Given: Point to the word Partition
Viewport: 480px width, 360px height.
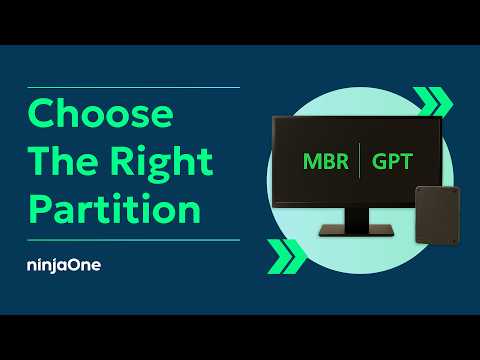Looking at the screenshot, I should (114, 209).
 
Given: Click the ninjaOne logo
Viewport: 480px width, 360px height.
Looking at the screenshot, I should (64, 266).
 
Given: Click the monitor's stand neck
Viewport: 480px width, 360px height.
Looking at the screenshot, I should (357, 217).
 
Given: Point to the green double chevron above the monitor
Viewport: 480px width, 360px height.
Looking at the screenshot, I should (432, 101).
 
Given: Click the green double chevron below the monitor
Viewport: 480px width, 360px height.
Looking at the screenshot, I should (286, 256).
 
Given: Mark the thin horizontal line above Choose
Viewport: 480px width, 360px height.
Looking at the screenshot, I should (133, 88).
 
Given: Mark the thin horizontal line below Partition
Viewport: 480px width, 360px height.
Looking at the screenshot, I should (133, 240).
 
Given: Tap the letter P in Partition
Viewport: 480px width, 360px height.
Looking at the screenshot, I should (40, 209).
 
